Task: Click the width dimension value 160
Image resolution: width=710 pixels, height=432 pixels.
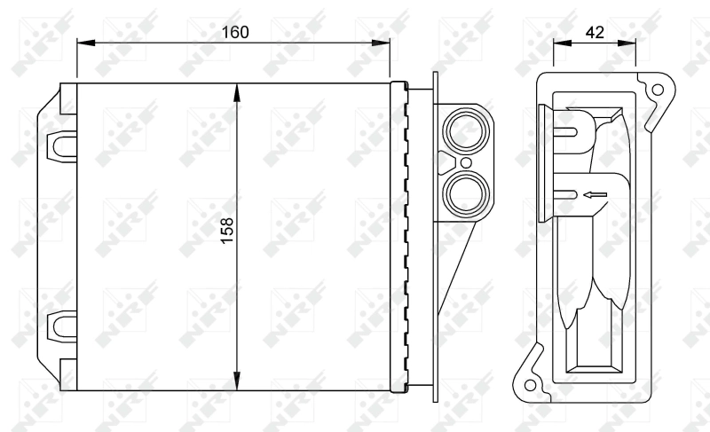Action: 234,32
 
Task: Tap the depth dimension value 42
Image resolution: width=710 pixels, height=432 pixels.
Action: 595,32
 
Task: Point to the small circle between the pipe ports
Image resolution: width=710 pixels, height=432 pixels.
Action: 462,162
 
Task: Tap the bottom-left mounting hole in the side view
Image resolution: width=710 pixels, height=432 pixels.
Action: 530,386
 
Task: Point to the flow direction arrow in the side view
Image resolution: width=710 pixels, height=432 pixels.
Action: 594,194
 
